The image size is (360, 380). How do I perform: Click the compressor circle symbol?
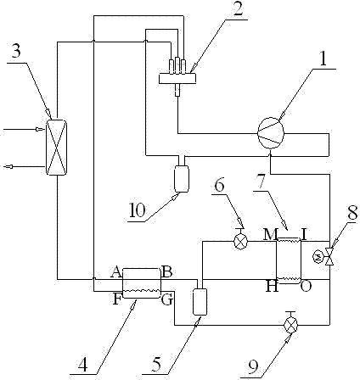click(x=271, y=133)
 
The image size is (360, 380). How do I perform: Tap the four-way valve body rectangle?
click(x=177, y=78)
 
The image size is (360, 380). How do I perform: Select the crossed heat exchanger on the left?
click(x=56, y=148)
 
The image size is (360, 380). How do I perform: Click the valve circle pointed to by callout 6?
click(x=240, y=243)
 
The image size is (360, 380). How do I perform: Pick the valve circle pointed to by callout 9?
click(x=290, y=325)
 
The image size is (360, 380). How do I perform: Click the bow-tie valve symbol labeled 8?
click(x=329, y=256)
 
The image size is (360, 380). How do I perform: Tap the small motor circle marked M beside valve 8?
click(x=318, y=256)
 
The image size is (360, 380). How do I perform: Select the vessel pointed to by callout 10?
click(x=181, y=179)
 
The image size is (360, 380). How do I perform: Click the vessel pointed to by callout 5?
click(x=200, y=302)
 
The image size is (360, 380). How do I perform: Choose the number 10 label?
click(x=138, y=210)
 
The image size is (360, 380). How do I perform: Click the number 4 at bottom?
click(x=82, y=365)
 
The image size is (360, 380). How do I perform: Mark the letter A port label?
click(x=116, y=272)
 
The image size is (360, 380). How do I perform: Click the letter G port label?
click(x=167, y=299)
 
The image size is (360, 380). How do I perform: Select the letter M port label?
click(x=269, y=234)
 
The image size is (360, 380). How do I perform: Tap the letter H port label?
click(x=273, y=287)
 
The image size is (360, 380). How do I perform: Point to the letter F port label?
click(x=116, y=299)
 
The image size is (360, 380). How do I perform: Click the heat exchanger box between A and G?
click(x=142, y=282)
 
